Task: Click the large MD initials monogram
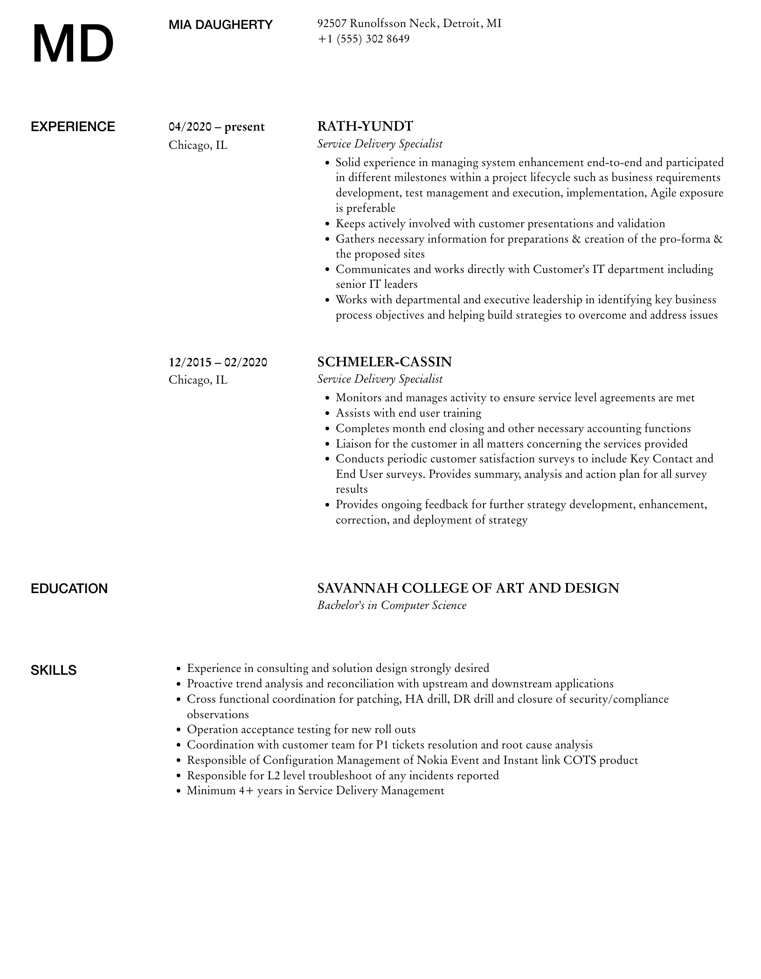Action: pyautogui.click(x=73, y=44)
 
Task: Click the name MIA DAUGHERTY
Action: pyautogui.click(x=221, y=25)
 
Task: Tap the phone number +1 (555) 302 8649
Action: pyautogui.click(x=363, y=39)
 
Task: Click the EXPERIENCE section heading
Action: pyautogui.click(x=73, y=127)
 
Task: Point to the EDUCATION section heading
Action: pyautogui.click(x=69, y=588)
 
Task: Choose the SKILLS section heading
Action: pyautogui.click(x=54, y=670)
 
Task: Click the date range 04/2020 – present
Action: pyautogui.click(x=217, y=127)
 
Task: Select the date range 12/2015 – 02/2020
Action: pyautogui.click(x=218, y=362)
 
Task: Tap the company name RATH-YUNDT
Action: pyautogui.click(x=365, y=126)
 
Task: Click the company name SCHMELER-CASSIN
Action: pyautogui.click(x=385, y=362)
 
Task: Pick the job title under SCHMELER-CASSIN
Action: pyautogui.click(x=380, y=379)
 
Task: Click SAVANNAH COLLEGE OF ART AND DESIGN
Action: pyautogui.click(x=468, y=588)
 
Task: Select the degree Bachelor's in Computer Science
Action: pyautogui.click(x=392, y=605)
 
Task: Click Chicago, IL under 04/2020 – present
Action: pyautogui.click(x=198, y=145)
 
